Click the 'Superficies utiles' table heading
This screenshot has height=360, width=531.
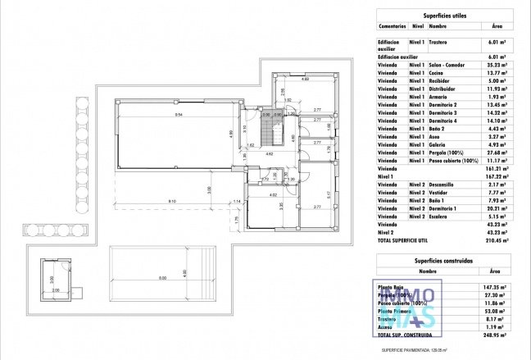point(442,15)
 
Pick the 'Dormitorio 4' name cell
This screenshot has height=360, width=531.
point(445,121)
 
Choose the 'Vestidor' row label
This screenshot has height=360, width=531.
point(440,193)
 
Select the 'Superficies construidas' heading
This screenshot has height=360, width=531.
point(442,258)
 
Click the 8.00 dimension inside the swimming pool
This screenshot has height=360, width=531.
point(161,277)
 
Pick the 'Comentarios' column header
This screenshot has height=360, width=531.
point(392,25)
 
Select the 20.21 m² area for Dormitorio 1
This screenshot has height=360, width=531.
point(496,208)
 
